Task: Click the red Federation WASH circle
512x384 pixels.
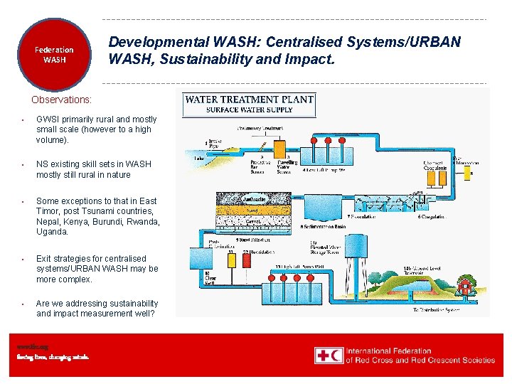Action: (x=54, y=55)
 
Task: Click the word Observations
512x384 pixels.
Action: (x=62, y=100)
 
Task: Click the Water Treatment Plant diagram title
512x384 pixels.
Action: (x=249, y=100)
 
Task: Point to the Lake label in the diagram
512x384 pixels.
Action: (x=199, y=159)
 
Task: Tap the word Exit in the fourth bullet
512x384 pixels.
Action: (x=44, y=259)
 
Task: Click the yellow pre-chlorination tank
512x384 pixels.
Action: (x=230, y=261)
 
